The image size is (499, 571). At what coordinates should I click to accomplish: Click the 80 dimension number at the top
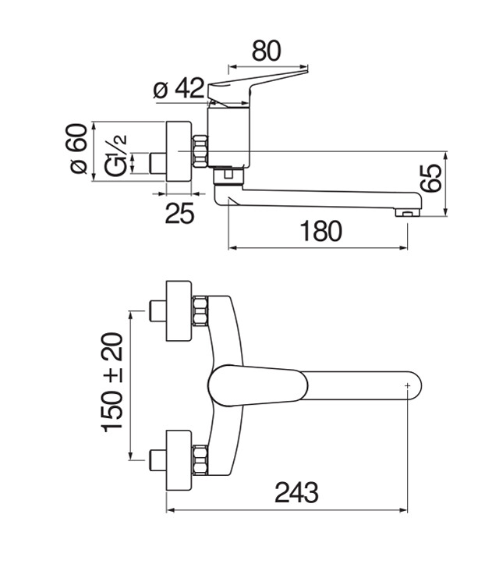267,51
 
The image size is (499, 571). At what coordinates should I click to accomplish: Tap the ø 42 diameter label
179,88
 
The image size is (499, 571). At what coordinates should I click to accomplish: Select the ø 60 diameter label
76,148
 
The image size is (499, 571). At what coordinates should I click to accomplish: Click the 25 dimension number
179,213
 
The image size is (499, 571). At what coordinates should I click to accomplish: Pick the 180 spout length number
321,231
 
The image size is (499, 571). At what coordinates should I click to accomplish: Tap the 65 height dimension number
431,178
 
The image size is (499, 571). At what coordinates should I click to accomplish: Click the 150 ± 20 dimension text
113,382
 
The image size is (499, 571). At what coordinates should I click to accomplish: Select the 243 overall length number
296,492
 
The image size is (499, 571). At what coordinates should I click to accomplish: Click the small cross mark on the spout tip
407,385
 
